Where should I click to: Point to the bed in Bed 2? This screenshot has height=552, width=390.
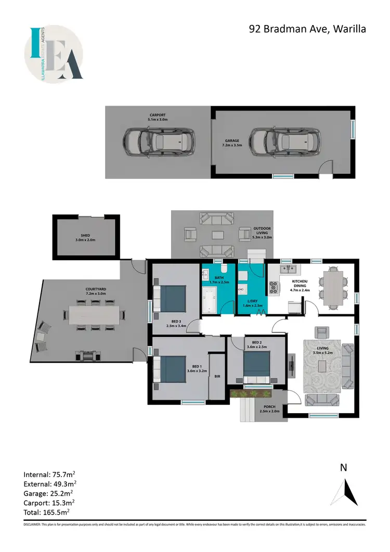pyautogui.click(x=257, y=368)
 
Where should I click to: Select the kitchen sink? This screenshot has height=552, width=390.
pyautogui.click(x=287, y=269)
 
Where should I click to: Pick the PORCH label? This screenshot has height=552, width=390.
pyautogui.click(x=269, y=409)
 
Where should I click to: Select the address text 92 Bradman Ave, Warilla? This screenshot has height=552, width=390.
pyautogui.click(x=307, y=29)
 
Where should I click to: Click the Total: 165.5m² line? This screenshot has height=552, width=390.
pyautogui.click(x=47, y=512)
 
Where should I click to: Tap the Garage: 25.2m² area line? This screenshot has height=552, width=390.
pyautogui.click(x=48, y=493)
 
